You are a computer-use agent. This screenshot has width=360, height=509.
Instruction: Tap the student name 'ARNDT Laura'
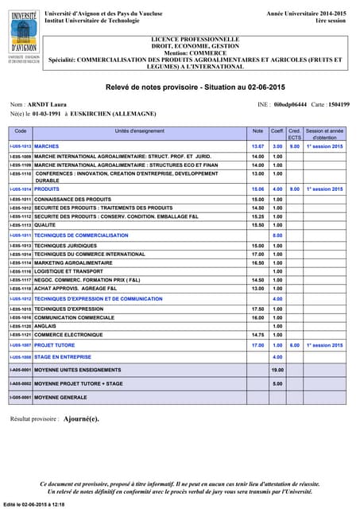tap(49, 104)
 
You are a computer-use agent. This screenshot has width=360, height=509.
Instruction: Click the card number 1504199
tap(339, 104)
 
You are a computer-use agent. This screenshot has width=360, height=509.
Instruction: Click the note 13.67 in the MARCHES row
tap(257, 147)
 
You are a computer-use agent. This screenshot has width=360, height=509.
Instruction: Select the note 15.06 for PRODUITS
tap(257, 189)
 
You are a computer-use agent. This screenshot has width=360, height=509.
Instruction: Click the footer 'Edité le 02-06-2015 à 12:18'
tap(33, 505)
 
